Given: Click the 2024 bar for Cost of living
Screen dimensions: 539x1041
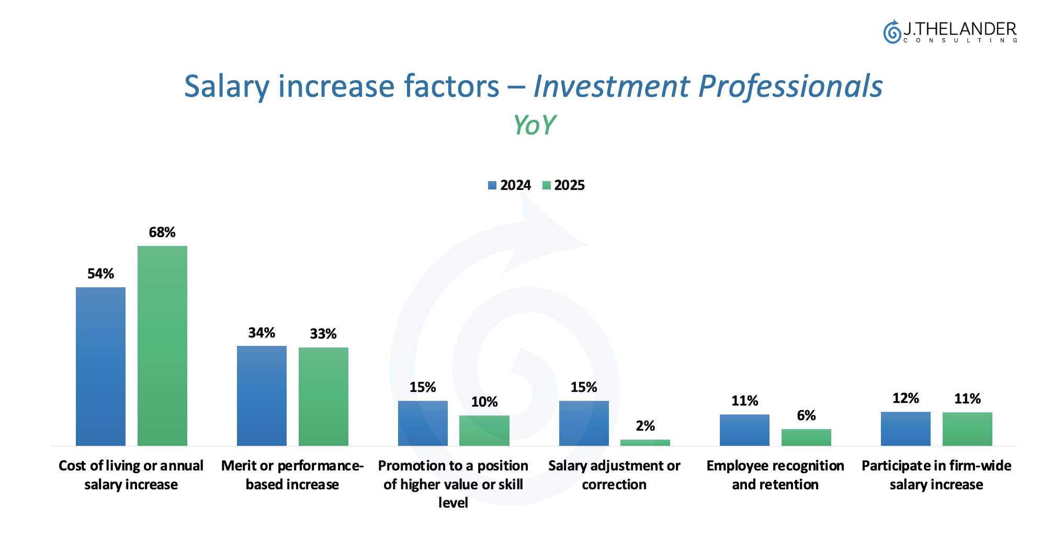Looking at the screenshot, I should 100,366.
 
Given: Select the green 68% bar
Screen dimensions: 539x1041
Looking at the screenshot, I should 162,345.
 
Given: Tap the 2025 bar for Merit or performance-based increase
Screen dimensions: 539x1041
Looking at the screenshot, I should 323,396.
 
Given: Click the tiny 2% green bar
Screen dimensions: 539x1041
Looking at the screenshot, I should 645,443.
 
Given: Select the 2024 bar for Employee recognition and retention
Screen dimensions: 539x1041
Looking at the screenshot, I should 744,430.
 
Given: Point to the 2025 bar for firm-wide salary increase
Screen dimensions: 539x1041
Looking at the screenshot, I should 967,429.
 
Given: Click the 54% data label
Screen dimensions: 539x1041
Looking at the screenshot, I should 100,274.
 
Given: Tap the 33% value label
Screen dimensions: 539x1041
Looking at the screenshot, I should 323,334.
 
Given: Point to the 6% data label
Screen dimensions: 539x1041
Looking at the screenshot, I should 806,416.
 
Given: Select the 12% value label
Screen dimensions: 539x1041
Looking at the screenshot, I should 906,398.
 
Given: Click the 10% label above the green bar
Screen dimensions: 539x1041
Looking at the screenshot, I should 484,402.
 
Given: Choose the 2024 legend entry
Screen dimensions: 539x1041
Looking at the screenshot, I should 510,185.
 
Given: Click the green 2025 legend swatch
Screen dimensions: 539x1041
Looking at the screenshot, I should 547,185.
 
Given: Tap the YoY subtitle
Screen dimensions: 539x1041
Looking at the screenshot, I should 534,125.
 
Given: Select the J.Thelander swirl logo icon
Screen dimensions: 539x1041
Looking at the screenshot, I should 891,32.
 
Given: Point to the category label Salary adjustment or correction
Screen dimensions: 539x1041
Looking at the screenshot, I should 614,475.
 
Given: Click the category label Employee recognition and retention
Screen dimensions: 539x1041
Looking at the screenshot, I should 775,475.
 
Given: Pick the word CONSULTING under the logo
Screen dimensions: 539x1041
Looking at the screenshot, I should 960,41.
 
